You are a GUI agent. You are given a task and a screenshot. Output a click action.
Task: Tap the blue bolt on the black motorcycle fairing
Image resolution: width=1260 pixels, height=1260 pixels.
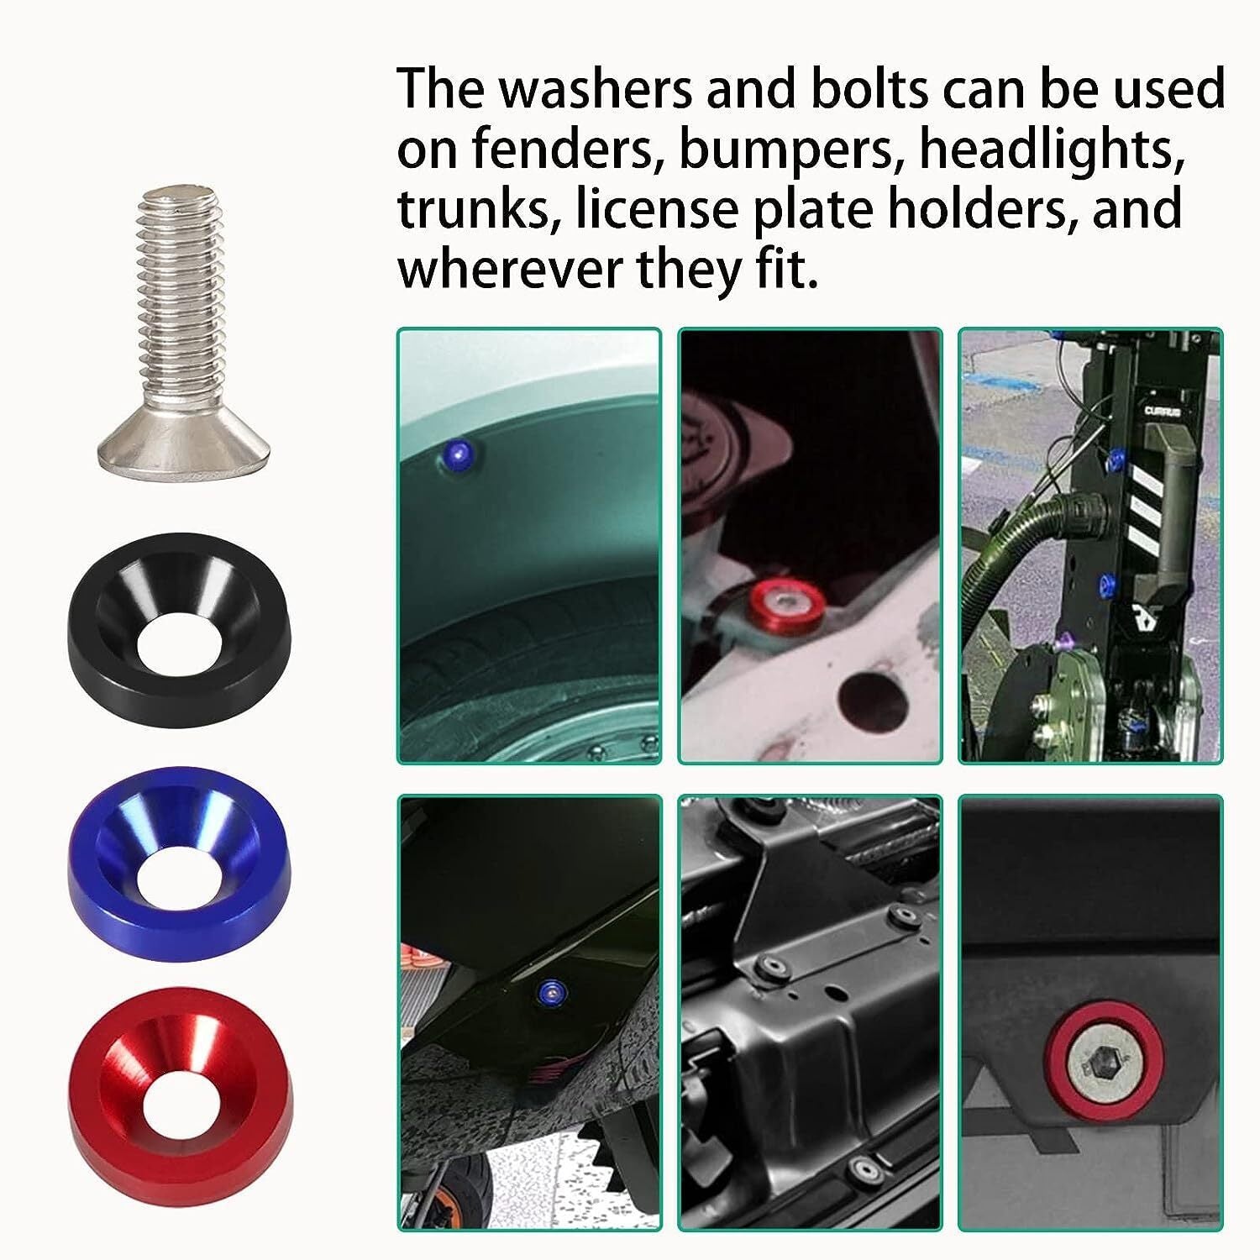click(551, 994)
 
